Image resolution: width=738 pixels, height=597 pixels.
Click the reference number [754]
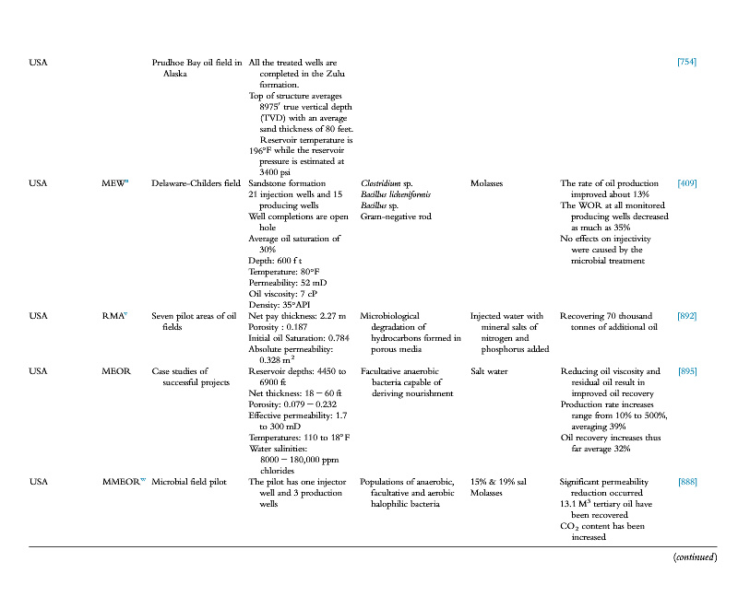point(686,63)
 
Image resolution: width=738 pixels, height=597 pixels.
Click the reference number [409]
point(686,183)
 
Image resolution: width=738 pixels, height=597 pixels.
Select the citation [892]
point(686,316)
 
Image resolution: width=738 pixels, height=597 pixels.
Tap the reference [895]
point(686,371)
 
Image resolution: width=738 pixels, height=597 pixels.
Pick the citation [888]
point(686,482)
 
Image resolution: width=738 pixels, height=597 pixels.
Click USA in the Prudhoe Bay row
point(39,63)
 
